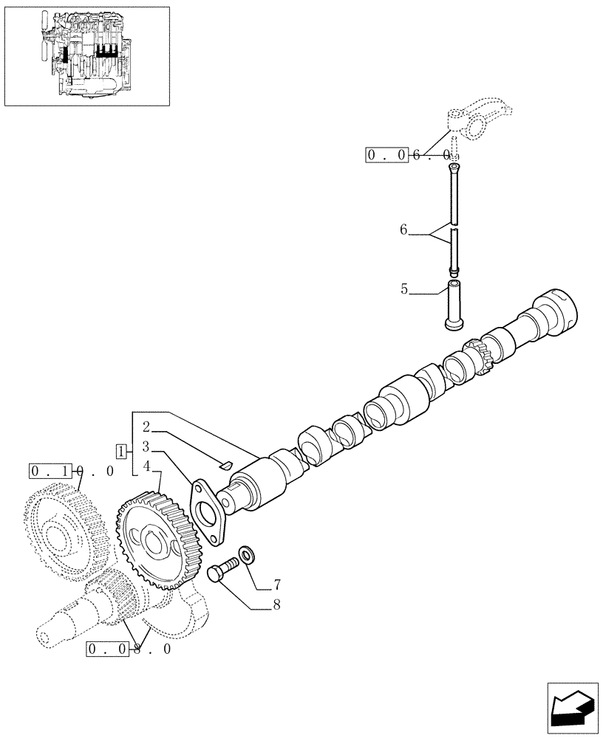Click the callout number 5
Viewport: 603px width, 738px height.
tap(404, 289)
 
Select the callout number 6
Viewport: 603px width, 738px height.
tap(403, 230)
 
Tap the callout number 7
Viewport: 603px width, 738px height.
tap(276, 584)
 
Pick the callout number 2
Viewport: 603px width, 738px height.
tap(146, 427)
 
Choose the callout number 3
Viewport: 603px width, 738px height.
tap(146, 446)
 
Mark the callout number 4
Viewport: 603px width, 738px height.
tap(146, 466)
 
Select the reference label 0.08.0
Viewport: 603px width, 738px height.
tap(129, 649)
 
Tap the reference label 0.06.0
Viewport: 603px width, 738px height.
tap(408, 155)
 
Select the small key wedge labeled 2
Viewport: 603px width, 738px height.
tap(228, 464)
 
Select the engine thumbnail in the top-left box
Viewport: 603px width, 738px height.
tap(87, 55)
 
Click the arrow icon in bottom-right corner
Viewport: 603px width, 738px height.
tap(571, 708)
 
